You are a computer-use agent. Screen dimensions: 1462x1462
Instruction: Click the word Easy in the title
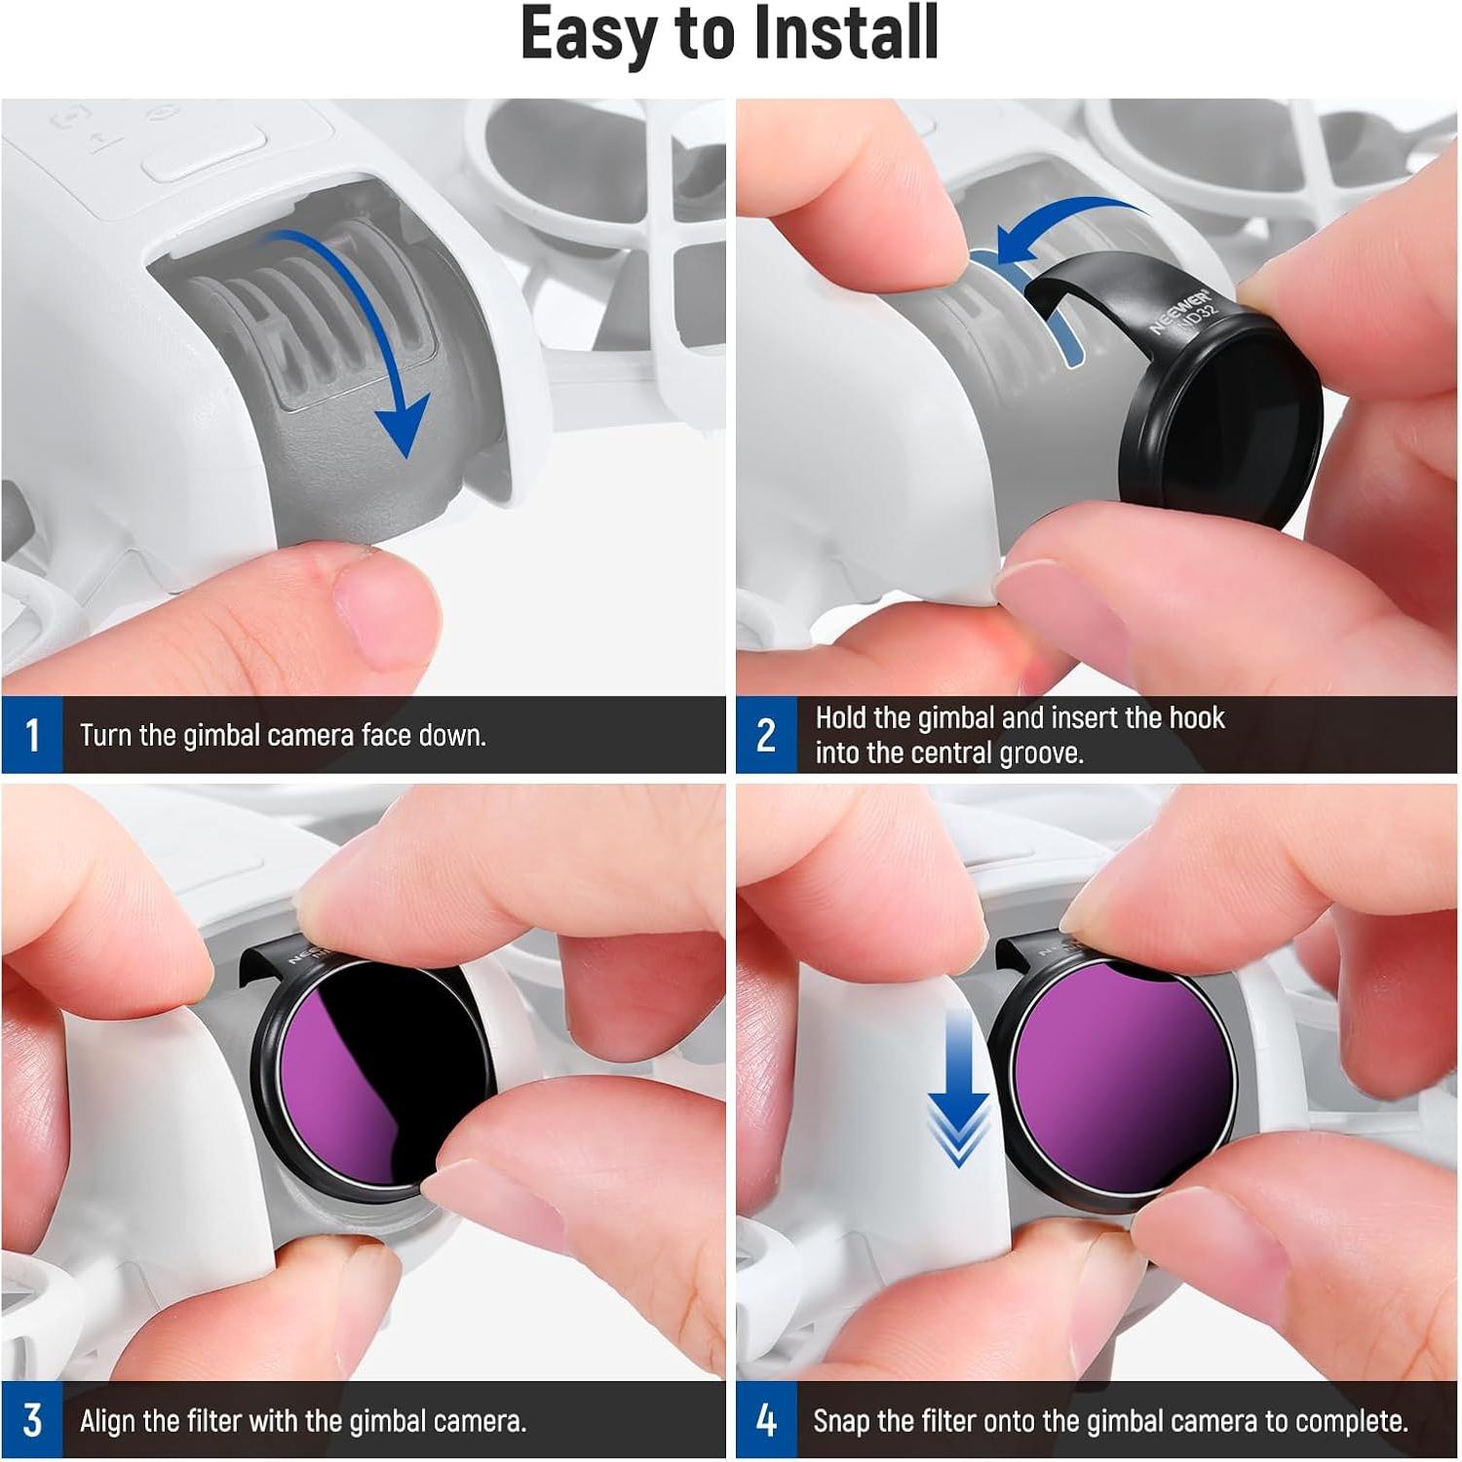coord(592,34)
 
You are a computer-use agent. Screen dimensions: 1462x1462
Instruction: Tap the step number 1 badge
coord(32,735)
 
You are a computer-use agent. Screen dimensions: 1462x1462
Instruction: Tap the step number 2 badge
coord(766,735)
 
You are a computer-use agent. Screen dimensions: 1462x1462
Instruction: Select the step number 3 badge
coord(32,1420)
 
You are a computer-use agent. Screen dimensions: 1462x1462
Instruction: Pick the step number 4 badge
coord(766,1420)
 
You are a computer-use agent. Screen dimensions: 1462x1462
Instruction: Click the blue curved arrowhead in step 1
coord(402,425)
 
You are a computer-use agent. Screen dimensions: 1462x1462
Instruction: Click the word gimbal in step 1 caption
coord(219,735)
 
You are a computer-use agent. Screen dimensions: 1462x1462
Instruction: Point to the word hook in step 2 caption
coord(1196,718)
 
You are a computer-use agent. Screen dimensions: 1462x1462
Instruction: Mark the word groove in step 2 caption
coord(1040,753)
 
